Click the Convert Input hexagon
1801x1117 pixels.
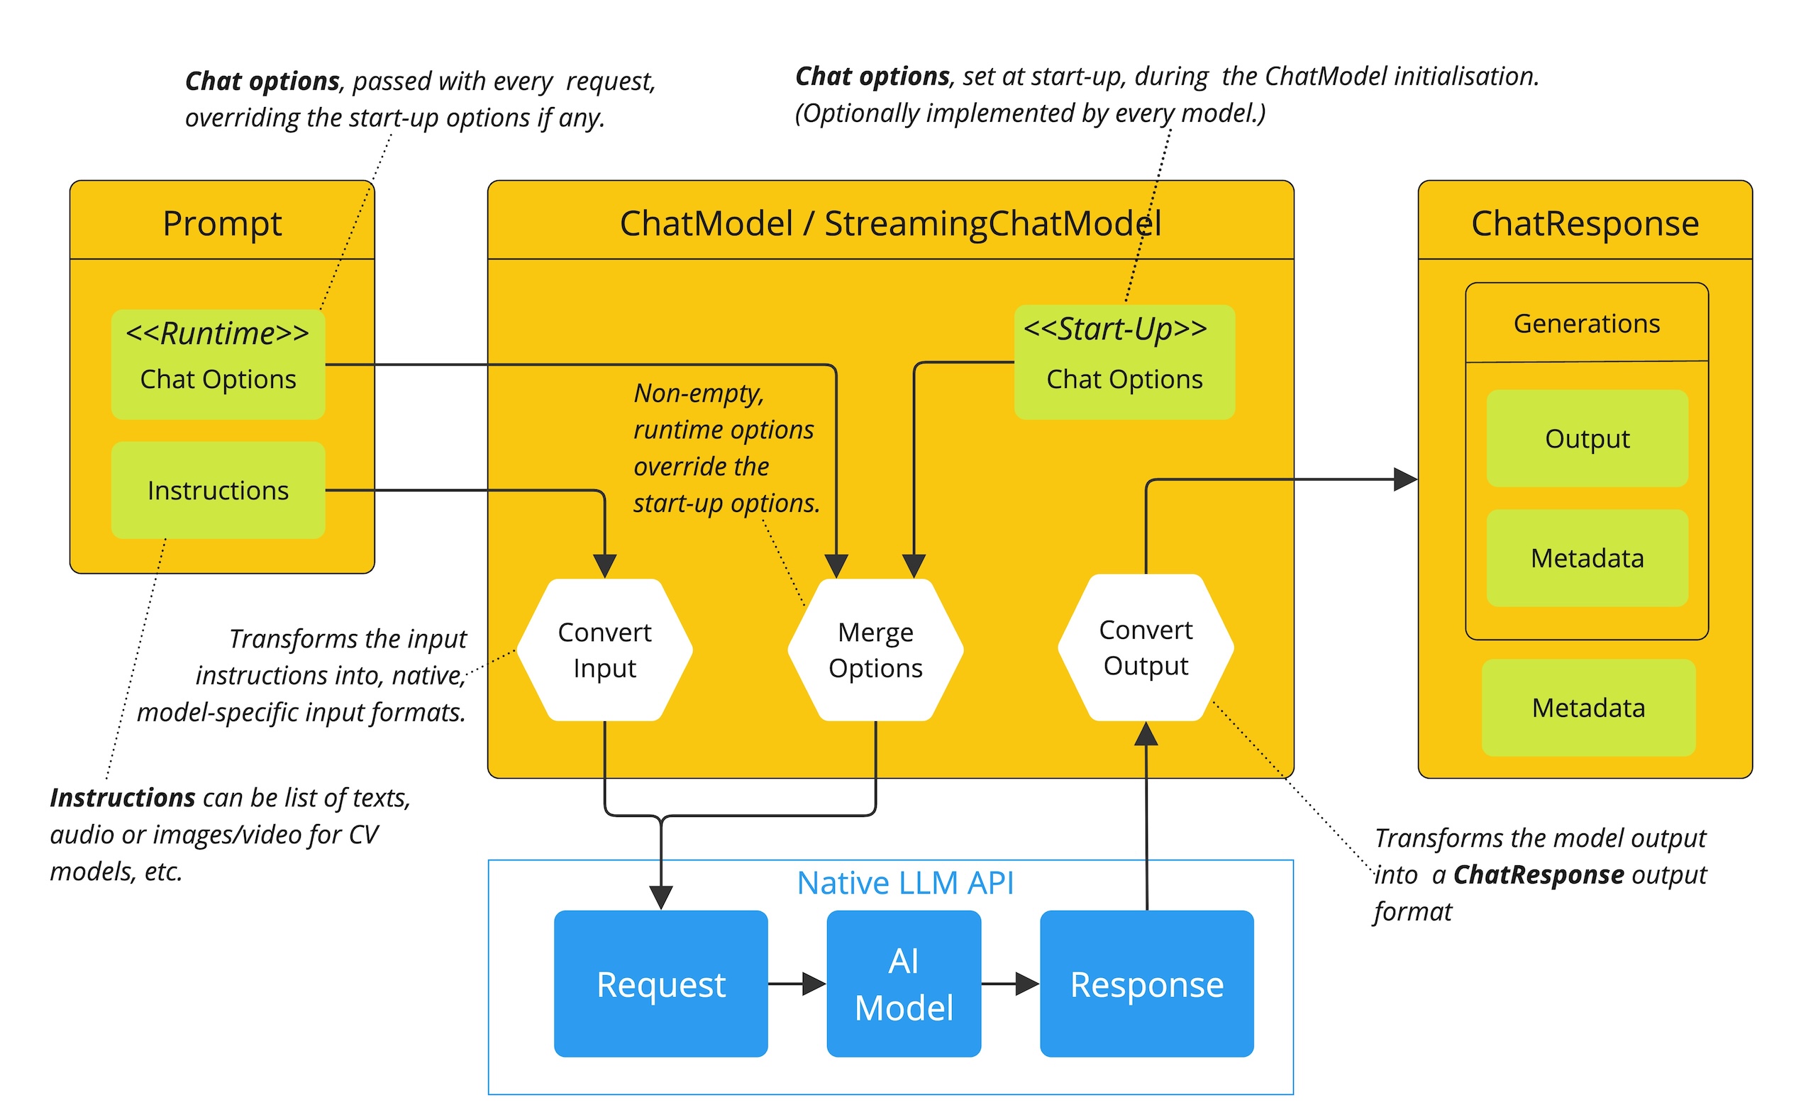604,650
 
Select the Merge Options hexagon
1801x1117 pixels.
875,650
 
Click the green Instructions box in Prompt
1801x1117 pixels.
218,490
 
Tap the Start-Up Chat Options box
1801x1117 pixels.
1124,362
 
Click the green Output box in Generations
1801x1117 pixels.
1586,438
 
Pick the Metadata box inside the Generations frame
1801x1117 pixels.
1586,557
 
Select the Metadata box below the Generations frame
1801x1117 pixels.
1587,707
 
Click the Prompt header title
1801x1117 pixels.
221,223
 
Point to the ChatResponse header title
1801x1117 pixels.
1584,223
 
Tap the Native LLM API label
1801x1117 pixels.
904,883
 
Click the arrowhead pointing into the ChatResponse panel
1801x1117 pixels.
1404,479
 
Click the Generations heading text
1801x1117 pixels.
1586,323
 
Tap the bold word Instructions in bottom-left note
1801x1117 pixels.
122,798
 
